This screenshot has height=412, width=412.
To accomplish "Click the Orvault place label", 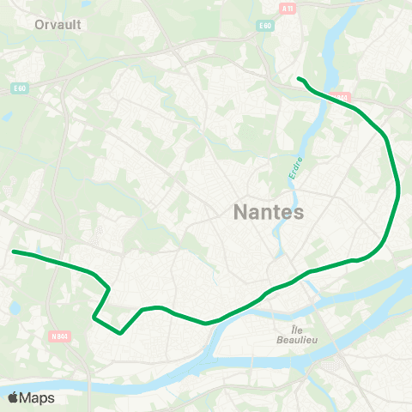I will point(58,25).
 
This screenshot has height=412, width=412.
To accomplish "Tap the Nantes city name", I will point(269,212).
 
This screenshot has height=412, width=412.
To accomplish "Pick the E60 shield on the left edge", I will point(20,88).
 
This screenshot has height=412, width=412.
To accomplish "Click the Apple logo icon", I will point(12,397).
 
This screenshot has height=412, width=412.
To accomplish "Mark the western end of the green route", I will point(14,251).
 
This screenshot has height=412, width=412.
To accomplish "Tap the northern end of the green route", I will point(299,79).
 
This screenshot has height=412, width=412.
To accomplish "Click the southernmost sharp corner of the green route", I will point(121,331).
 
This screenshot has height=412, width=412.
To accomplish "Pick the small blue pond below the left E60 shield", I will point(7,115).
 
